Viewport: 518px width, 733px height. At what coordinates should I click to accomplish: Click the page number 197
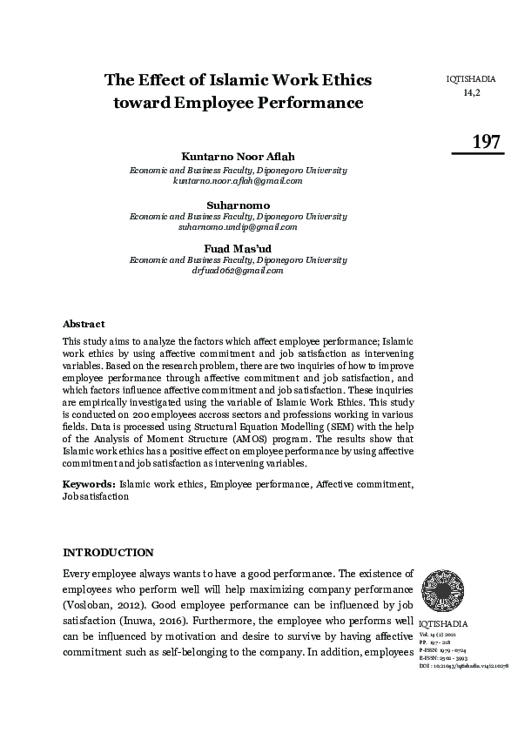click(x=485, y=142)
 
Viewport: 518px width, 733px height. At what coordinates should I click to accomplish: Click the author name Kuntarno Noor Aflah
click(x=238, y=156)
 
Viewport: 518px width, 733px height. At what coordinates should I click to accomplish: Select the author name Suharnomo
click(x=238, y=205)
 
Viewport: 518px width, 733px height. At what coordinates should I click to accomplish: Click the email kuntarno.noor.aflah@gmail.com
click(x=238, y=181)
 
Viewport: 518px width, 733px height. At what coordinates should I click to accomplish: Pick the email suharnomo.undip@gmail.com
click(x=238, y=226)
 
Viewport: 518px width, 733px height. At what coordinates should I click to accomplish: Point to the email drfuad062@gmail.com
click(x=238, y=271)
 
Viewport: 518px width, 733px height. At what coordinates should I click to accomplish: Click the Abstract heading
click(x=84, y=324)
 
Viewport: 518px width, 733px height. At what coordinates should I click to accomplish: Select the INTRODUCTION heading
click(x=109, y=553)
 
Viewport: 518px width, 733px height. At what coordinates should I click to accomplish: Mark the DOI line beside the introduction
click(x=463, y=665)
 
